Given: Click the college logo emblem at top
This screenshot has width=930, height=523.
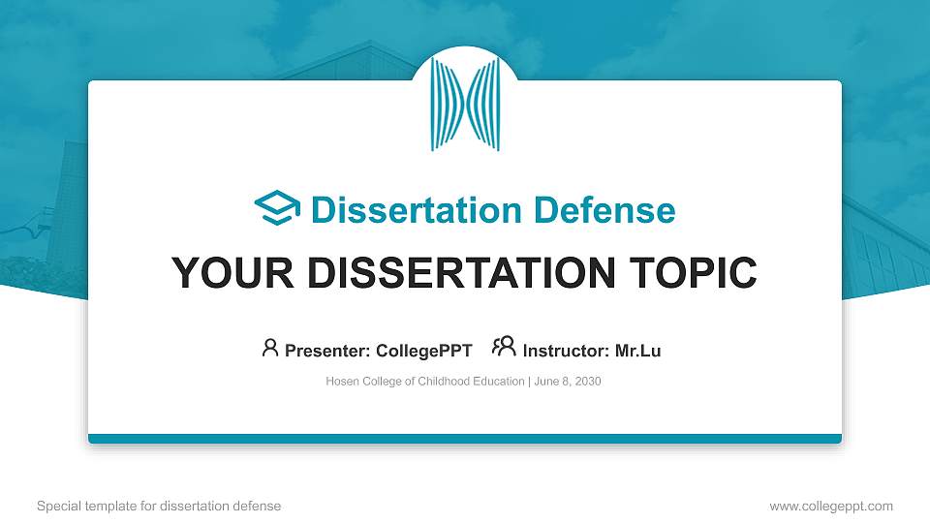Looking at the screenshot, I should [465, 105].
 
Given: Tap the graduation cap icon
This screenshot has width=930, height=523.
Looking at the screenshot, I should [277, 208].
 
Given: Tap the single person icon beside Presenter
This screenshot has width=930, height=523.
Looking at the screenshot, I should [270, 348].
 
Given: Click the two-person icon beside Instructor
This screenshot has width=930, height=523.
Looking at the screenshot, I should [504, 348].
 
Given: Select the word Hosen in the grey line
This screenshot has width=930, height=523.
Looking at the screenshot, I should [343, 382].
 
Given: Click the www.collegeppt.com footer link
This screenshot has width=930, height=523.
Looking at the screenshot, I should [830, 506].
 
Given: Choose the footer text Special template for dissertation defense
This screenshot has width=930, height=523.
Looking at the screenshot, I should [158, 506].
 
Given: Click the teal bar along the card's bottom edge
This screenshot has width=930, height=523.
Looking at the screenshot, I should [465, 439].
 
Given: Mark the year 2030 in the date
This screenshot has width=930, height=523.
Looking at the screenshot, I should [587, 382].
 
